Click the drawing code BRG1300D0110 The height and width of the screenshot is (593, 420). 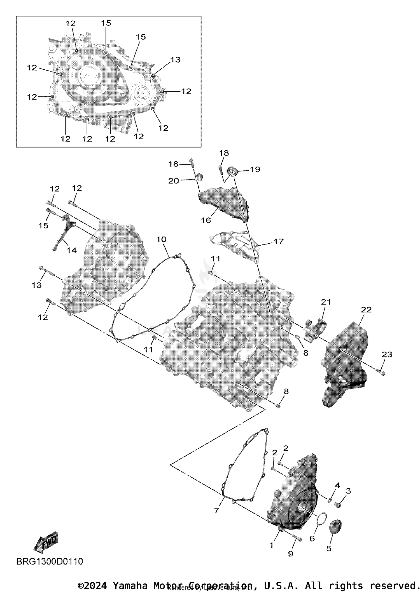[x=50, y=561]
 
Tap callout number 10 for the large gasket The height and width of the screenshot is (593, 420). [x=161, y=239]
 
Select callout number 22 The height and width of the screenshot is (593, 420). [x=366, y=310]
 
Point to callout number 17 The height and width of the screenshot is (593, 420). [x=278, y=241]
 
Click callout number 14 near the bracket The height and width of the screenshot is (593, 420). [x=72, y=250]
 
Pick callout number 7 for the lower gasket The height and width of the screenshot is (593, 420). [x=216, y=510]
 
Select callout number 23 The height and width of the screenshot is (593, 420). [x=387, y=354]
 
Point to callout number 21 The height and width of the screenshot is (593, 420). [x=326, y=302]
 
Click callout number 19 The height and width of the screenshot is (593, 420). [x=255, y=169]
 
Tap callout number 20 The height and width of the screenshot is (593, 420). [x=173, y=181]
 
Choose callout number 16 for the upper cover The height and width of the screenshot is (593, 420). [x=206, y=220]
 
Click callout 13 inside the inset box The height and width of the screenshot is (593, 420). [x=175, y=60]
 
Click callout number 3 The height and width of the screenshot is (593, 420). [x=348, y=491]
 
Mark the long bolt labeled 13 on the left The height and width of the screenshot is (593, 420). [x=48, y=270]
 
